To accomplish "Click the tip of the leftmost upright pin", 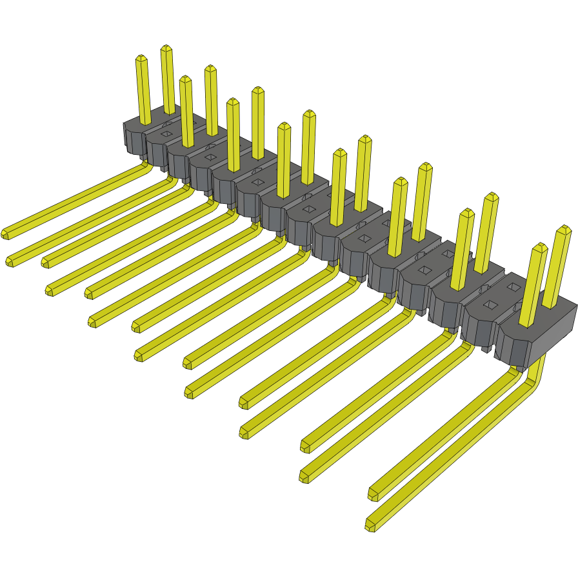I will point(141,58).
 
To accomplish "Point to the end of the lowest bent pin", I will point(370,525).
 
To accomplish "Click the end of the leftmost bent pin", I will point(5,234).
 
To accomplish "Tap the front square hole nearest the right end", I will point(490,304).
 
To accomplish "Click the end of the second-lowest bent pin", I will point(373,495).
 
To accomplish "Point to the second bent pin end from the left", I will point(10,261).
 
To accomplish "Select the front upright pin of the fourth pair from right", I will point(337,187).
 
